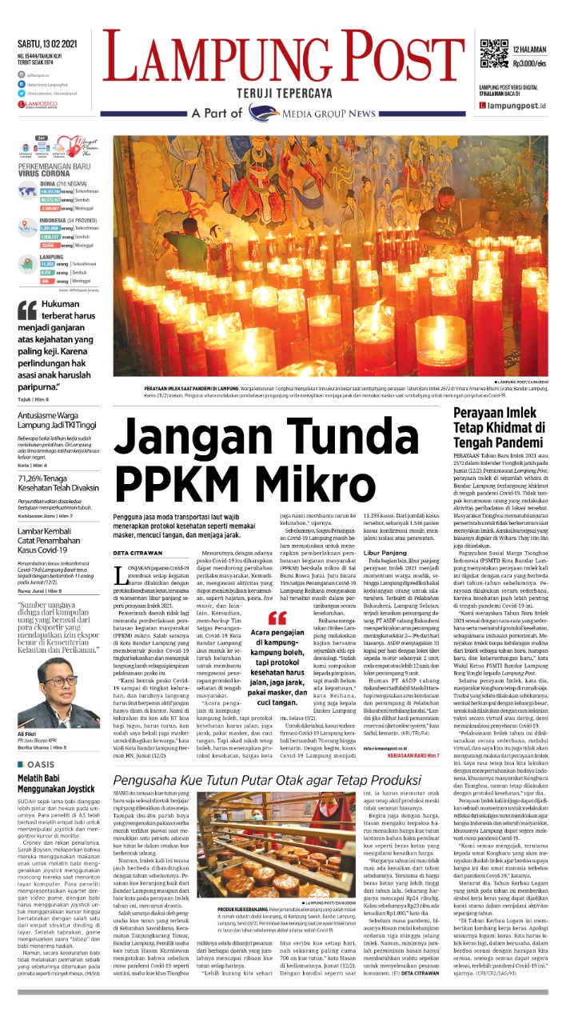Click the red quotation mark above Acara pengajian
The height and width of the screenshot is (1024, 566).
pos(277,616)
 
